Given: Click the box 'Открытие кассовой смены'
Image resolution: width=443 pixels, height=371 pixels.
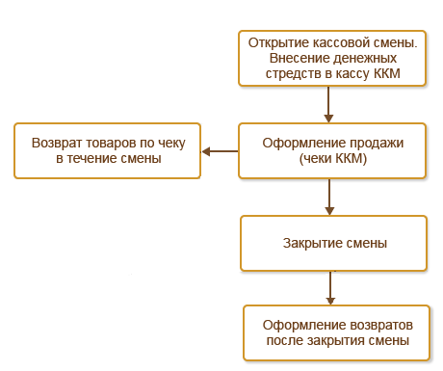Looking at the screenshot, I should coord(331,58).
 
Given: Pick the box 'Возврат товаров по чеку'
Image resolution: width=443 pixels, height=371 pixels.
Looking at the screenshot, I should coord(106,149).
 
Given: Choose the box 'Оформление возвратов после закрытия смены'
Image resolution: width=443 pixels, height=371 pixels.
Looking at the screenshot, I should coord(337,332).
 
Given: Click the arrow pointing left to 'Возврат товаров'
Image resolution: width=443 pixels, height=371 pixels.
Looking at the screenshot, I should coord(220,150).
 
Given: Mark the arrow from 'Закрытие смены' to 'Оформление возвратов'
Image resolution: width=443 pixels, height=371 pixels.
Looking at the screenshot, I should coord(330,287).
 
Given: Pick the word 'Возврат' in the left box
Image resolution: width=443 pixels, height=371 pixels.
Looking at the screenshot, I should coord(56,142).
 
